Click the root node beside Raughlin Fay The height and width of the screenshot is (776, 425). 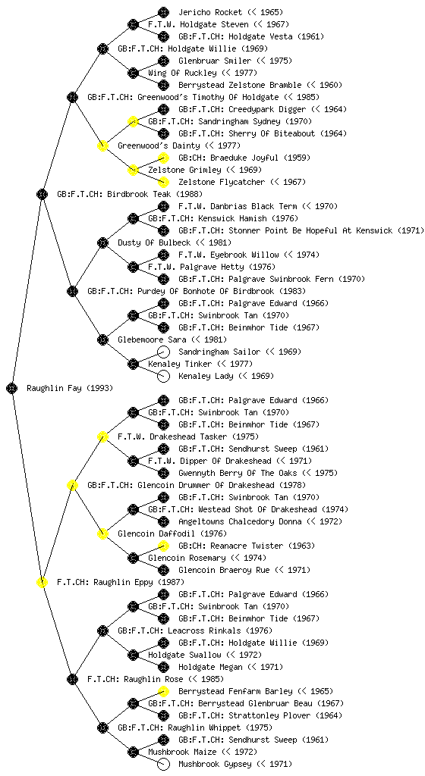[x=12, y=388]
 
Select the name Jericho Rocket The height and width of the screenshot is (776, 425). [x=210, y=12]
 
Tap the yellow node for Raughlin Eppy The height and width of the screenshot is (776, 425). [x=42, y=582]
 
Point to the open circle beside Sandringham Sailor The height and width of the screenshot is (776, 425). [x=163, y=352]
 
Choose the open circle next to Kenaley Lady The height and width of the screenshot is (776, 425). [x=163, y=376]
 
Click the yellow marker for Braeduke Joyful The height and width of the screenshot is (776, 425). [x=163, y=158]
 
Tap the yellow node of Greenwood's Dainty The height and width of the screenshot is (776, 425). [x=102, y=145]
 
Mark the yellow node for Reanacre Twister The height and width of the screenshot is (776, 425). [x=163, y=546]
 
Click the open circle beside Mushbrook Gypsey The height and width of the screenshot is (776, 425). [x=163, y=764]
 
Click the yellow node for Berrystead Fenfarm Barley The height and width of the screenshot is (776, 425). [x=163, y=691]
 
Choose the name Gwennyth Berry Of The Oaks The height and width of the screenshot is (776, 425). [x=238, y=473]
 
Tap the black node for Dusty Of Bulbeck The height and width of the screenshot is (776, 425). [x=102, y=242]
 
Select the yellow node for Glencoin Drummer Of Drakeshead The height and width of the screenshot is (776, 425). [x=72, y=485]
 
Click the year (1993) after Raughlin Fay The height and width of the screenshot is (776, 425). [x=100, y=388]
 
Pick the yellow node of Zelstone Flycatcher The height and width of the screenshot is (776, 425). [x=163, y=182]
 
